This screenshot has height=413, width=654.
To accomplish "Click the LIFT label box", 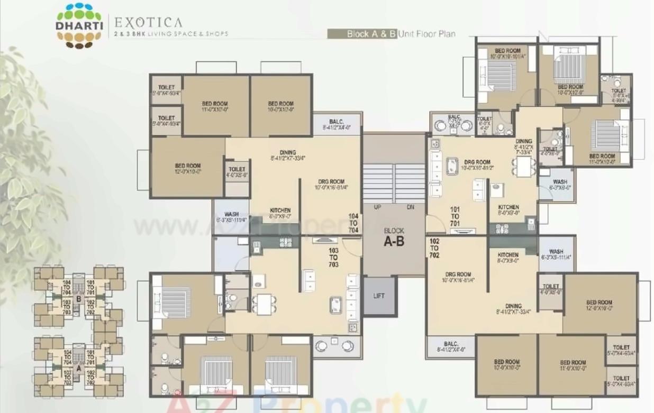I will [x=379, y=296].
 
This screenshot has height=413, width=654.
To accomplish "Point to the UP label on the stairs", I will [x=378, y=207].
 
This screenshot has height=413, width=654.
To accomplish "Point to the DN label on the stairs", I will [x=410, y=207].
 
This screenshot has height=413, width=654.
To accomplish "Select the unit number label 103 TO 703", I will [x=333, y=258].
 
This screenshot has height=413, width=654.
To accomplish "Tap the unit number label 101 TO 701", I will [x=455, y=216].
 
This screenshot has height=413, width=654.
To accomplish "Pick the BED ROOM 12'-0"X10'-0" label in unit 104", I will [x=188, y=169].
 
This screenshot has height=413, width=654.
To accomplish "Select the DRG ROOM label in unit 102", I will [x=458, y=277].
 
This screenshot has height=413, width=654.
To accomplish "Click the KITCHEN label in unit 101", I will [x=508, y=210].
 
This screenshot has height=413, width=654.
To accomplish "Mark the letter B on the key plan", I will [x=78, y=299].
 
